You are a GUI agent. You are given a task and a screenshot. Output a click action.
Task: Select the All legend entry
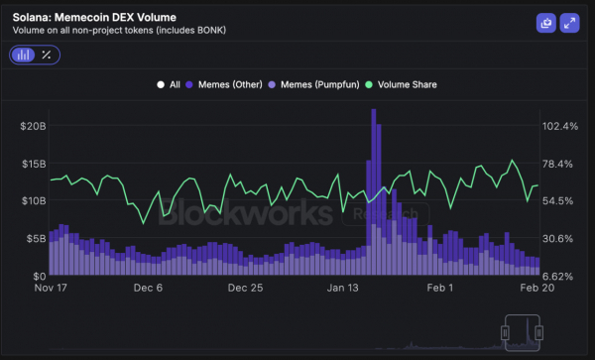click(169, 84)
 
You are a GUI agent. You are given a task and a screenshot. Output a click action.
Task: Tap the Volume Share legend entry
click(402, 84)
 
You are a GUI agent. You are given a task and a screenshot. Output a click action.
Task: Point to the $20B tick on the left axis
click(33, 126)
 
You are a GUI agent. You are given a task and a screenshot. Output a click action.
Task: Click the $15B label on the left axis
click(33, 164)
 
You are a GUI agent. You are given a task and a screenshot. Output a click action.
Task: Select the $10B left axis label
click(33, 200)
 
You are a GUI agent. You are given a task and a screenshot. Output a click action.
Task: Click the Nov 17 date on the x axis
click(51, 289)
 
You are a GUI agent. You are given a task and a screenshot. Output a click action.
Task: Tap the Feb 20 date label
click(535, 289)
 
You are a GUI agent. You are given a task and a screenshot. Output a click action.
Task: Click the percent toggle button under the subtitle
click(46, 55)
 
